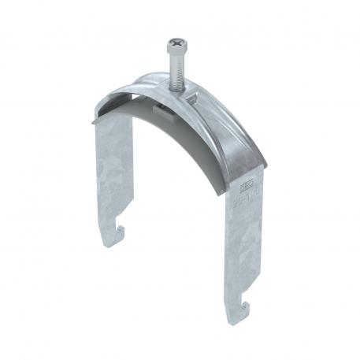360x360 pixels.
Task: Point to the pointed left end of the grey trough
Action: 94,122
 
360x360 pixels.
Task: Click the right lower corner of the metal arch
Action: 263,167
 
